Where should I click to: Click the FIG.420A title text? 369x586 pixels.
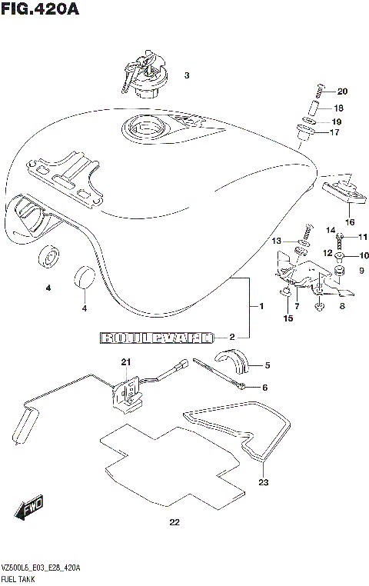pyautogui.click(x=40, y=10)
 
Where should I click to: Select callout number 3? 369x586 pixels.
pyautogui.click(x=186, y=75)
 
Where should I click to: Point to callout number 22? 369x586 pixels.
pyautogui.click(x=174, y=524)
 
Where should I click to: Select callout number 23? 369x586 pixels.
pyautogui.click(x=264, y=484)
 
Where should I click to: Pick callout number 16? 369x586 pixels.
pyautogui.click(x=350, y=222)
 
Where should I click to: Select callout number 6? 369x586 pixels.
pyautogui.click(x=264, y=388)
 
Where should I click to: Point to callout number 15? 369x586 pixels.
pyautogui.click(x=288, y=318)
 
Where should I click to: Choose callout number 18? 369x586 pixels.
pyautogui.click(x=338, y=108)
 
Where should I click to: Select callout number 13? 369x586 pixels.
pyautogui.click(x=275, y=241)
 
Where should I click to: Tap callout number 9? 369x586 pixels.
pyautogui.click(x=362, y=270)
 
